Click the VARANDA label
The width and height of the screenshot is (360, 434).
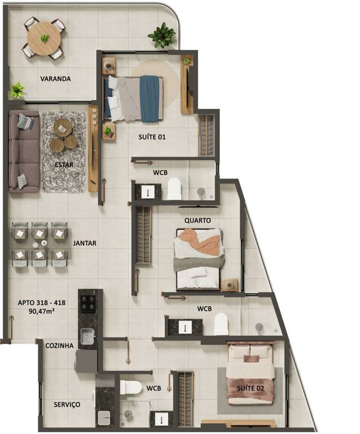tap(55, 79)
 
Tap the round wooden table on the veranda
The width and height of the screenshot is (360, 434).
tap(44, 38)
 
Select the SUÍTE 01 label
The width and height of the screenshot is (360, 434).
tap(152, 137)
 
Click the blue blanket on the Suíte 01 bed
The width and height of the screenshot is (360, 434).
tap(150, 98)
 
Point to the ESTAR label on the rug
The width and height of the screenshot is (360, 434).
tap(64, 165)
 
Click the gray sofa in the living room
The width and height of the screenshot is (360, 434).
tap(24, 151)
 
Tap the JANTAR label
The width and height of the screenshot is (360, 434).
tap(85, 244)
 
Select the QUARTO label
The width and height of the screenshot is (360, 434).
tap(198, 220)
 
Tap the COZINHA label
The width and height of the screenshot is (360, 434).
tap(59, 346)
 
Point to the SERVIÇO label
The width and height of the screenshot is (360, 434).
tap(67, 405)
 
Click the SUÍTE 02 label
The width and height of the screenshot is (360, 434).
tap(250, 388)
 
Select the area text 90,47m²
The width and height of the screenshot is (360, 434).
tap(41, 311)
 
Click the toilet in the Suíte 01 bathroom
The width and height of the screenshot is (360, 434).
tap(175, 189)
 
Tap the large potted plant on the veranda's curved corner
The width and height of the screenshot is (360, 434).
tap(162, 35)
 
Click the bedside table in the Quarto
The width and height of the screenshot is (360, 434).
tap(229, 285)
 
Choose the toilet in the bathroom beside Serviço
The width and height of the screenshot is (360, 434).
tap(131, 387)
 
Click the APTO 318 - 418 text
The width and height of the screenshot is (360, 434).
tap(42, 303)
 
